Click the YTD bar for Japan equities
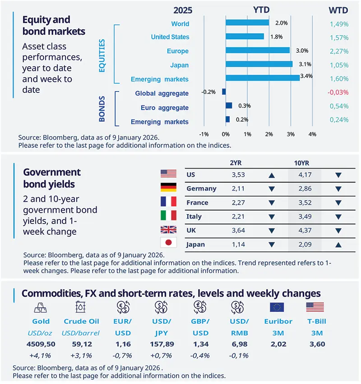(259, 64)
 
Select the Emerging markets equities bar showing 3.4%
(262, 78)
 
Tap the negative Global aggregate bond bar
(223, 92)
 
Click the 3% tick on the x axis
(291, 134)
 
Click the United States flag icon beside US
(168, 174)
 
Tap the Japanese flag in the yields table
(168, 244)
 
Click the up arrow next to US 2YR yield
(271, 174)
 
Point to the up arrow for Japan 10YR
(338, 245)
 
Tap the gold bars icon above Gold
(41, 307)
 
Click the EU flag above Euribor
(278, 307)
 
